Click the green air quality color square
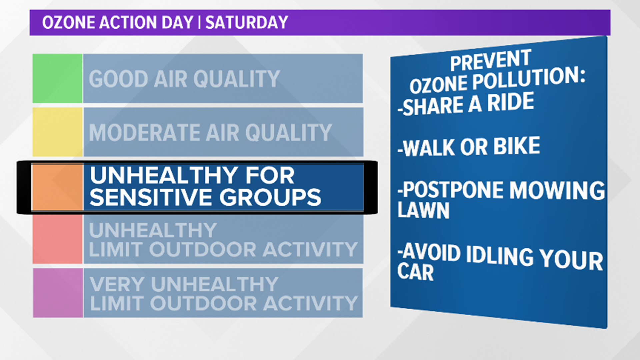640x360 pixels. pos(57,78)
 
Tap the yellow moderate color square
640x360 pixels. pos(57,132)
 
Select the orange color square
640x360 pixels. pos(57,187)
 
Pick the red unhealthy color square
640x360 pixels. pos(57,239)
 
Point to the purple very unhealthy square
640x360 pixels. pos(58,293)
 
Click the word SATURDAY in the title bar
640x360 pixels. pos(247,23)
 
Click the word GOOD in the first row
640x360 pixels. pos(118,79)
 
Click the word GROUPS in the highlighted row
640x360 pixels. pos(270,197)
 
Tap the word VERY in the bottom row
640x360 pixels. pos(117,284)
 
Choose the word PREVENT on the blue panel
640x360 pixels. pos(490,60)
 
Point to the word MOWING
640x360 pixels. pos(557,190)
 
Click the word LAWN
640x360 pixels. pos(423,210)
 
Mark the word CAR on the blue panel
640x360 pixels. pos(415,272)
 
